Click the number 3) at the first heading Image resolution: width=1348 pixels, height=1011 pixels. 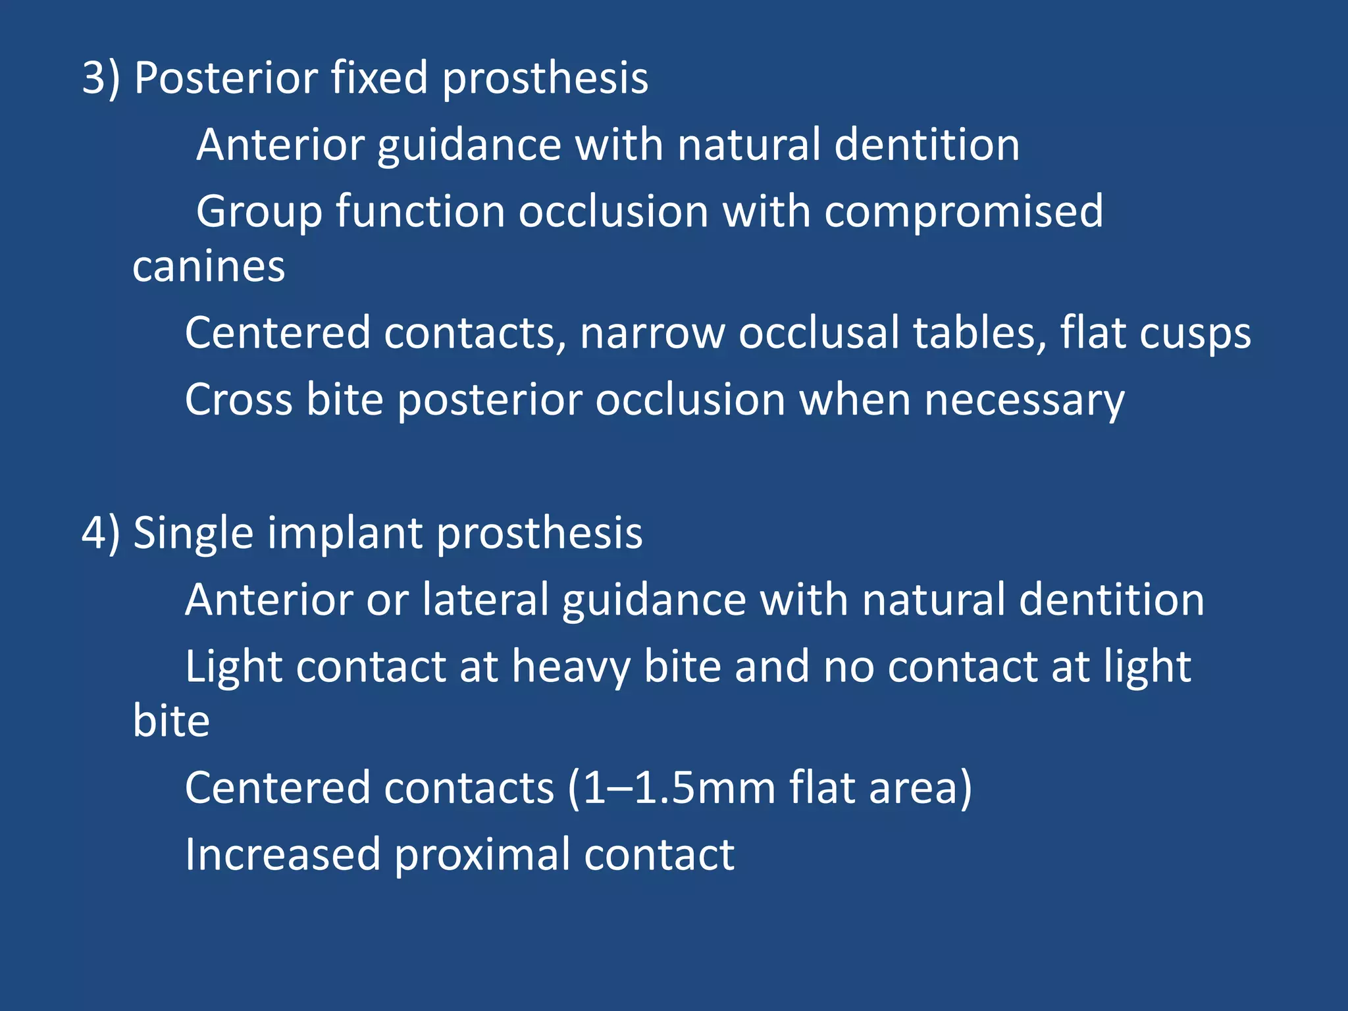[x=101, y=78]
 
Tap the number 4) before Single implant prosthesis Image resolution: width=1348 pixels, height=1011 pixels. [x=101, y=533]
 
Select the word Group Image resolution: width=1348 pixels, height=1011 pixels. [x=259, y=213]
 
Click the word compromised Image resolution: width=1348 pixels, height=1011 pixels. [x=964, y=213]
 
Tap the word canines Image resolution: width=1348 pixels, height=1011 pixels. [x=209, y=267]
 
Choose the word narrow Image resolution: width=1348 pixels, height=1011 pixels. [x=652, y=333]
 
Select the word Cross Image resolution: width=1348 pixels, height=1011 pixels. [x=238, y=400]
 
